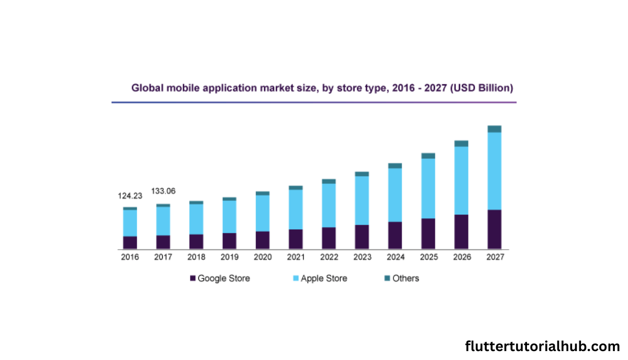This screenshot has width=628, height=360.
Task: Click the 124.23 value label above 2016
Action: pos(130,196)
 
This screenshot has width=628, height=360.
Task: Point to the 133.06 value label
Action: pos(163,191)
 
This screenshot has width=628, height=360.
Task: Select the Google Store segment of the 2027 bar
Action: pos(495,229)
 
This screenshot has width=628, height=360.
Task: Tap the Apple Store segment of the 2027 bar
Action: pos(495,171)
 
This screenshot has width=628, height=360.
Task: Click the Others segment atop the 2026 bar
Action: pos(461,143)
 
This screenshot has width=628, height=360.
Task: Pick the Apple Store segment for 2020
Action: pos(262,213)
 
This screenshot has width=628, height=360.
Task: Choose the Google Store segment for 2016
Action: pos(130,242)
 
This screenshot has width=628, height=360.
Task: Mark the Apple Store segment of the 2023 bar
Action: pos(362,200)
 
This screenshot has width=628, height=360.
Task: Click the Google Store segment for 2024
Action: pos(395,235)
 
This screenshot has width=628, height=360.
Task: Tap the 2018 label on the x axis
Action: pos(196,257)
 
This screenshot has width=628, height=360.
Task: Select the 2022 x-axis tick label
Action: pos(329,257)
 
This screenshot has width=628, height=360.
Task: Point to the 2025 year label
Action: pos(428,257)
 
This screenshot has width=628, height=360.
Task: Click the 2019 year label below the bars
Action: pos(229,257)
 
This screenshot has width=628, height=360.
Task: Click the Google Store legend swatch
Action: pos(193,278)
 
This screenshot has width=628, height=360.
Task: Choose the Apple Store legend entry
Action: pos(323,278)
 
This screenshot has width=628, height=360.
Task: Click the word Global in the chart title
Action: pos(146,88)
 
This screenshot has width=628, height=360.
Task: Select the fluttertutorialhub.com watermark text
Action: pos(542,346)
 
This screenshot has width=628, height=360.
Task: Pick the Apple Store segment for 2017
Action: pos(163,221)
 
